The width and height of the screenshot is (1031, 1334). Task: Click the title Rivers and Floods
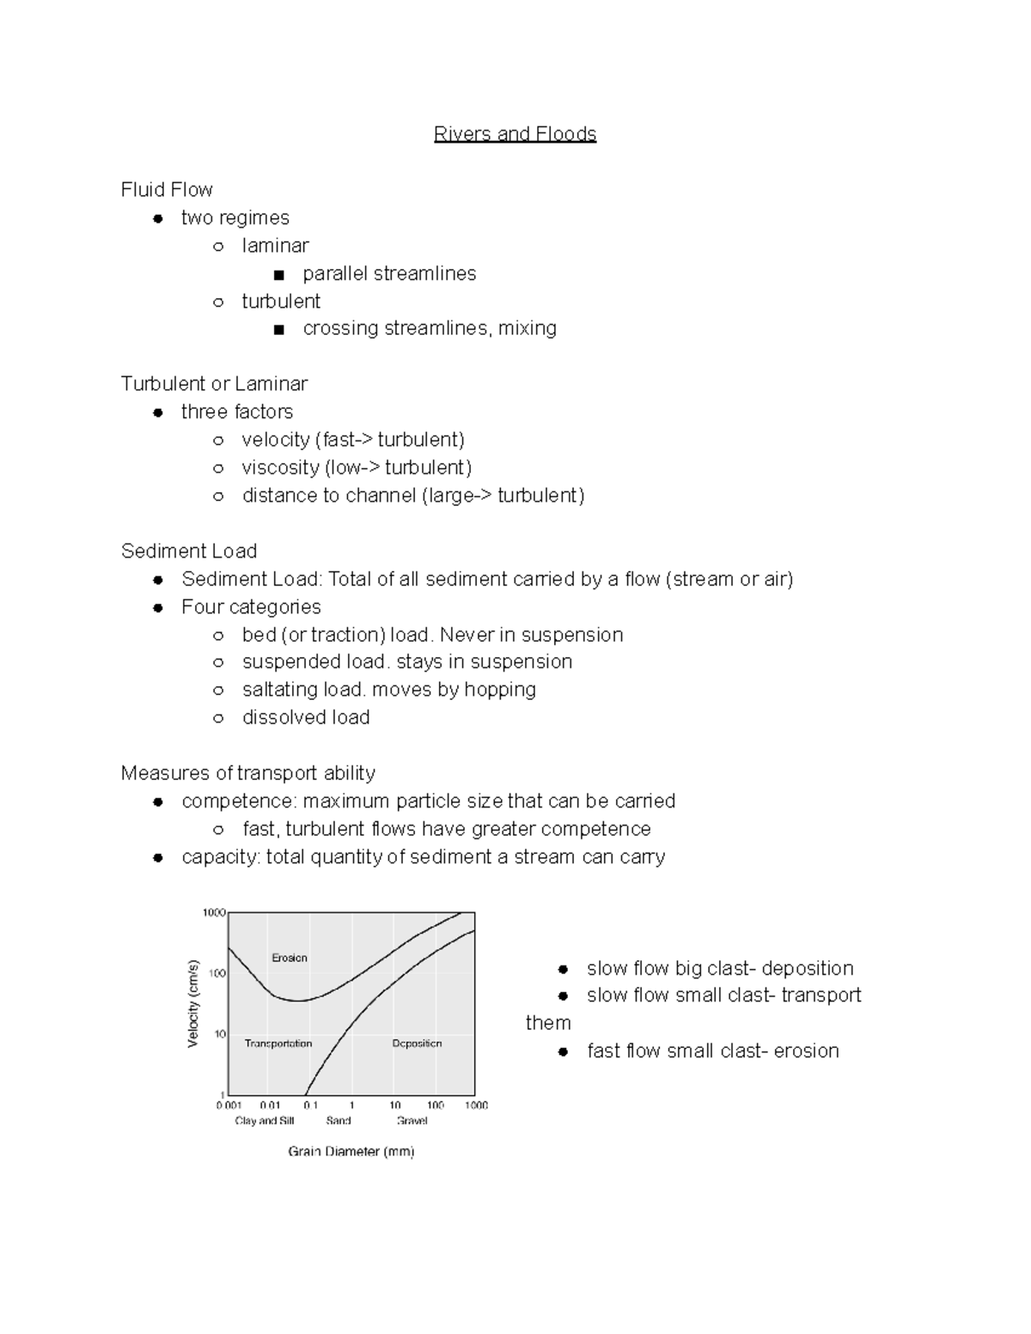515,134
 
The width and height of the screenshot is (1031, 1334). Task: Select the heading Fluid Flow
167,190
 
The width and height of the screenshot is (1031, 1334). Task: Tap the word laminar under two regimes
275,246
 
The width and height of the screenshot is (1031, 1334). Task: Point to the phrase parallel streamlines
389,273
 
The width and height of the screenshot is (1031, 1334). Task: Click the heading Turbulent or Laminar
214,384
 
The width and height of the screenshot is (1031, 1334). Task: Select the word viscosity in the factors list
280,467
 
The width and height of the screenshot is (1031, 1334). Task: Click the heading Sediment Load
189,551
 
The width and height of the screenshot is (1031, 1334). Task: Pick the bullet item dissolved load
306,717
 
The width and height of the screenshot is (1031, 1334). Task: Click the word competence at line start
227,801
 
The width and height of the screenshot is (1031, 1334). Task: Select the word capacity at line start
220,857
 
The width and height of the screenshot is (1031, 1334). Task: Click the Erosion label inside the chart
290,958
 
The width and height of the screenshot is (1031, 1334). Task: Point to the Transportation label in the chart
278,1044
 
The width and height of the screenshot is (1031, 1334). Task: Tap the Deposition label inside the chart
417,1044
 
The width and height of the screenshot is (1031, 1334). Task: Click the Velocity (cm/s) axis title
193,1003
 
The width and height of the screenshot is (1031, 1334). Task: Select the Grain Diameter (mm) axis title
351,1151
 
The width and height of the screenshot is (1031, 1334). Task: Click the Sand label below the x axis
339,1121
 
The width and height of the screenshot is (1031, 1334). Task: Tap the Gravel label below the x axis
412,1121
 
